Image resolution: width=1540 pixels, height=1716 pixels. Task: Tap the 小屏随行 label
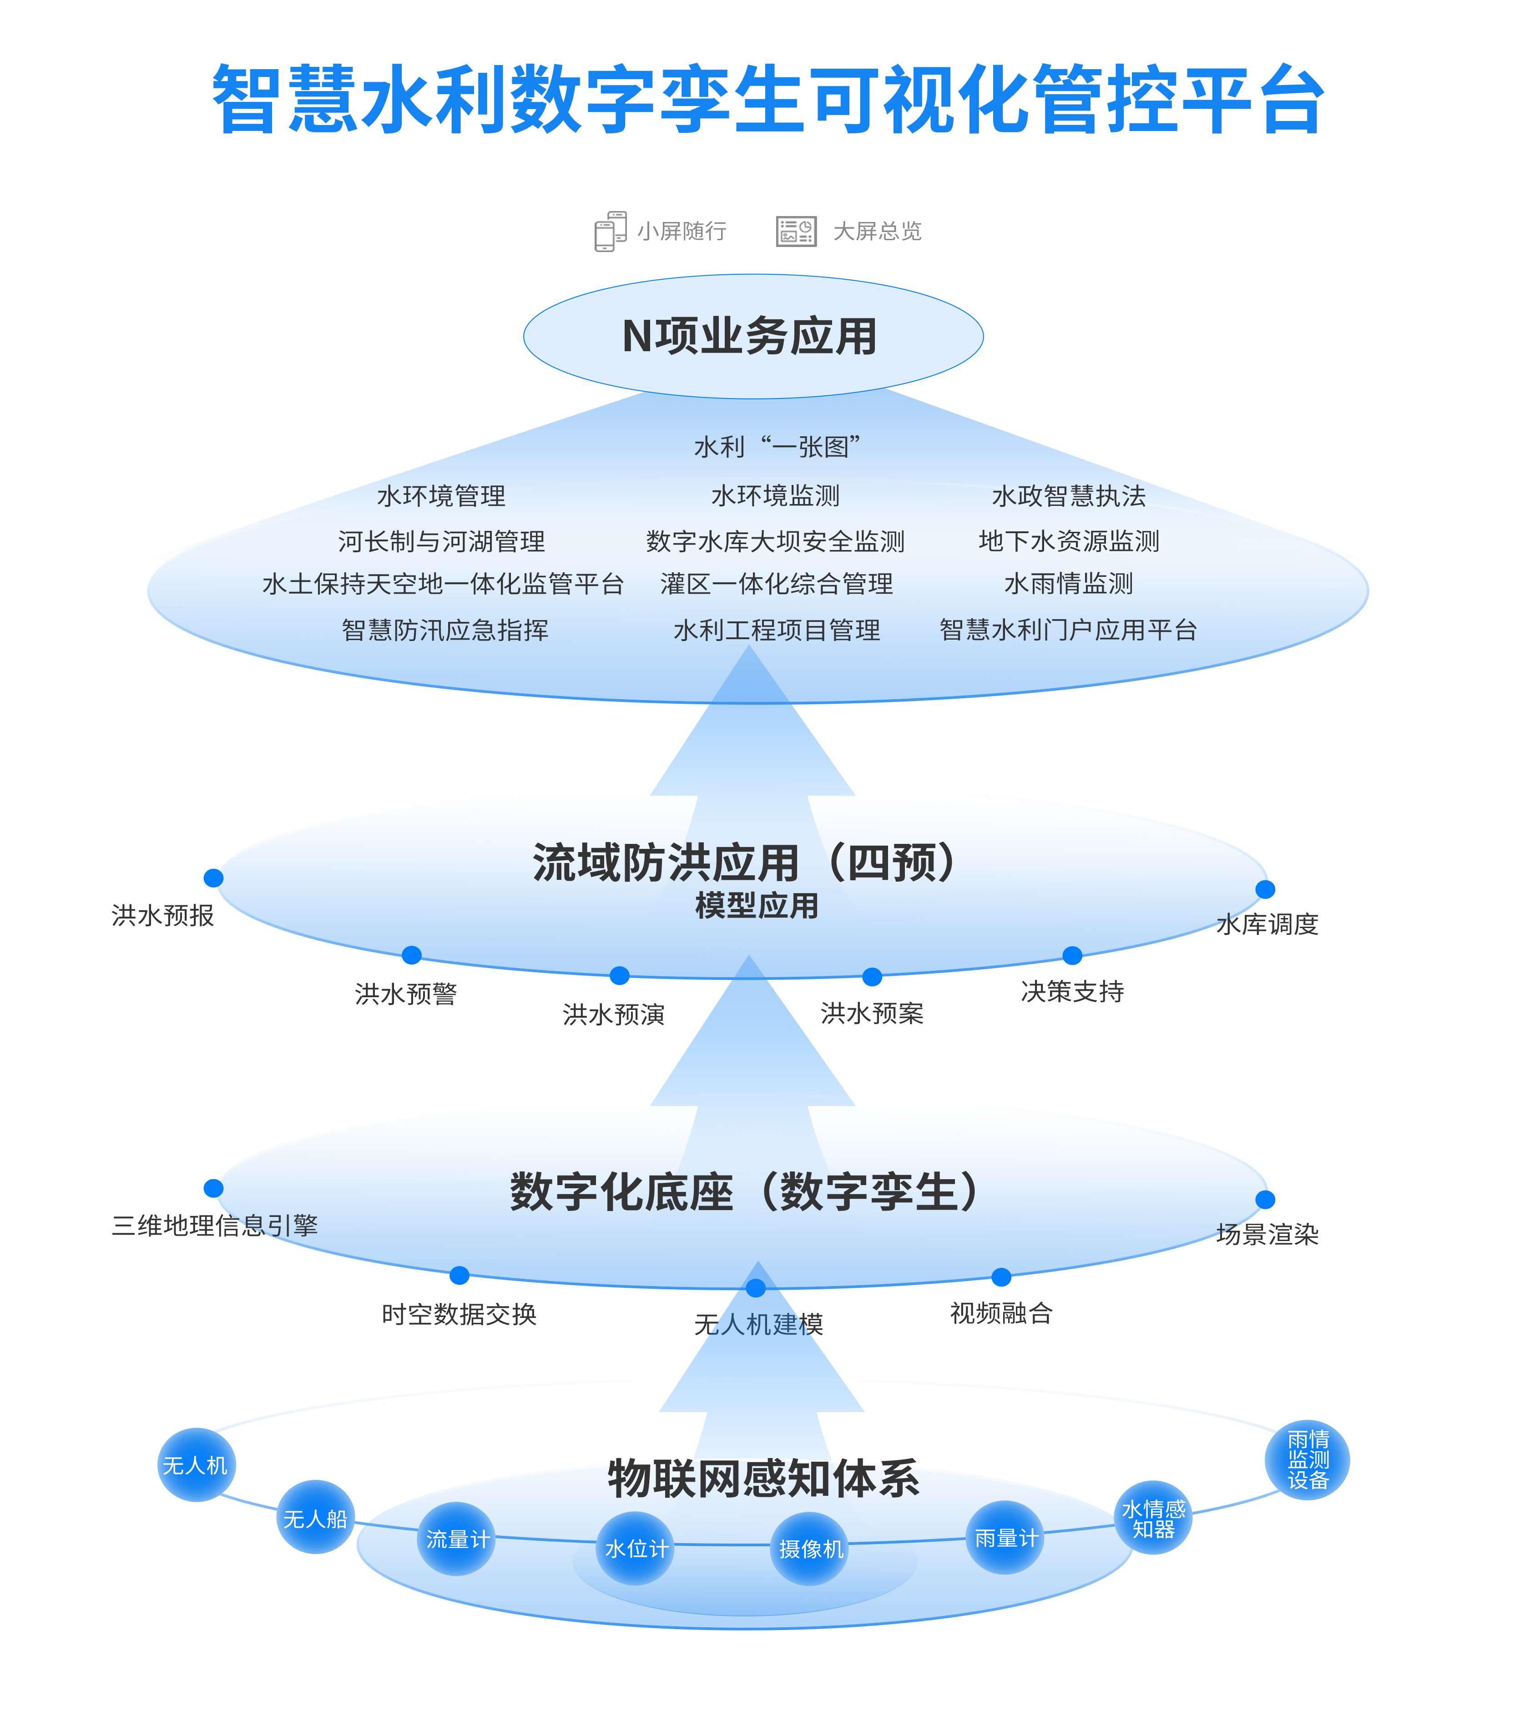tap(682, 231)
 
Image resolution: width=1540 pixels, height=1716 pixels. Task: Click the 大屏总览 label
tap(878, 231)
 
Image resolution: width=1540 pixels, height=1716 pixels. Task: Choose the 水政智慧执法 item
tap(1068, 496)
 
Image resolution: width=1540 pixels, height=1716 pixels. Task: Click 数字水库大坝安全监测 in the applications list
tap(775, 541)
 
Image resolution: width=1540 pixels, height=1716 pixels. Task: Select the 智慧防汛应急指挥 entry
tap(445, 630)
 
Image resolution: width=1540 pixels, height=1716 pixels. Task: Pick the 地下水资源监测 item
tap(1068, 541)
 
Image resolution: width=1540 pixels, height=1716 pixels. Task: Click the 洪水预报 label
tap(162, 915)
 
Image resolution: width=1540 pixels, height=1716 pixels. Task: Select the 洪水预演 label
tap(613, 1014)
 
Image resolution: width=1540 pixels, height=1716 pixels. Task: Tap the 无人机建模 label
tap(758, 1324)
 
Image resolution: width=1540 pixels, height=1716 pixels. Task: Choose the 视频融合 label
tap(1000, 1313)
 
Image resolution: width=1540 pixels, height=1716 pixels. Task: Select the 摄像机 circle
tap(811, 1549)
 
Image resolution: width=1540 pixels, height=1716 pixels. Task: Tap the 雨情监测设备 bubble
tap(1308, 1459)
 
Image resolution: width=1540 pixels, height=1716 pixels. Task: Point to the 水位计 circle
tap(636, 1549)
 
